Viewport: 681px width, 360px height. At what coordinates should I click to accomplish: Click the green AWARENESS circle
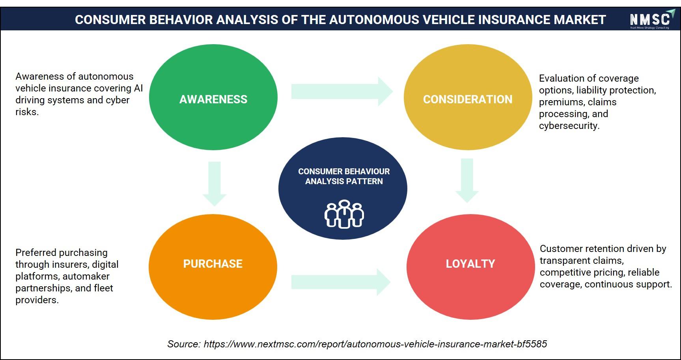pos(213,97)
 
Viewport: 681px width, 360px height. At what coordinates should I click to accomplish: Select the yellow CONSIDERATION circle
pos(468,97)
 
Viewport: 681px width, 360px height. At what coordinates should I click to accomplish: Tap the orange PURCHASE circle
pos(213,267)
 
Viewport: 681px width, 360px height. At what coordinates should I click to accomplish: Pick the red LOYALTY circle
pos(470,267)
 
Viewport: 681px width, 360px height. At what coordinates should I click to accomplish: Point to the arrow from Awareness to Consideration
pos(342,91)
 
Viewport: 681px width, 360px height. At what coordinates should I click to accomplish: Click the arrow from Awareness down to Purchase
pos(214,184)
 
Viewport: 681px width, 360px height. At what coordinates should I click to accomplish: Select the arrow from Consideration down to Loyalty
pos(467,181)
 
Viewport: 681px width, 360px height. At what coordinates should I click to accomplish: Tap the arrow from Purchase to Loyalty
pos(341,282)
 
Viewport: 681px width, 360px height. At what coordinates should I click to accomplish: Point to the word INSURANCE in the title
pos(513,20)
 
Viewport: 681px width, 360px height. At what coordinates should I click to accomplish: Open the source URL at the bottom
pos(375,344)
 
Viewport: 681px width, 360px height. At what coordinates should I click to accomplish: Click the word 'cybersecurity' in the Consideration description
pos(569,126)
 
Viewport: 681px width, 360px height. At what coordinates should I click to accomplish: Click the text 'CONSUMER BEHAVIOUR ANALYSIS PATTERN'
pos(344,176)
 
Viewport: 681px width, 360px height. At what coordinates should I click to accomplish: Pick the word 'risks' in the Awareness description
pos(27,112)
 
